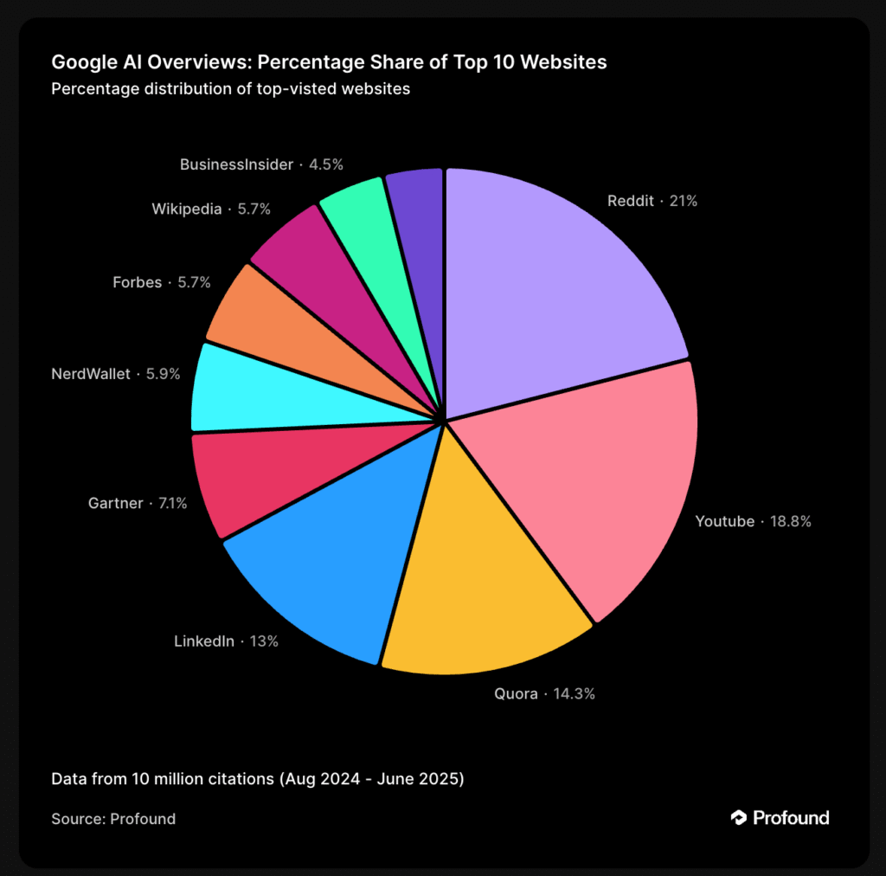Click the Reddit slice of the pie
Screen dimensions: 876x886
point(554,286)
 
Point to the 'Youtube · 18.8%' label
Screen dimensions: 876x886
point(753,522)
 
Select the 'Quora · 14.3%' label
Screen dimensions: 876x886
point(544,693)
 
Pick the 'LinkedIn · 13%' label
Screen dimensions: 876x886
point(226,641)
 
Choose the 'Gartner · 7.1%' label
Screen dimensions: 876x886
point(138,503)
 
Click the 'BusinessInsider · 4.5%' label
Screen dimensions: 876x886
point(261,164)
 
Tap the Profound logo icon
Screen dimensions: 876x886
point(739,817)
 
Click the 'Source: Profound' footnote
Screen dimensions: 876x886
point(113,818)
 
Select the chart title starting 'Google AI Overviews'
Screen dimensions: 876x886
point(329,62)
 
